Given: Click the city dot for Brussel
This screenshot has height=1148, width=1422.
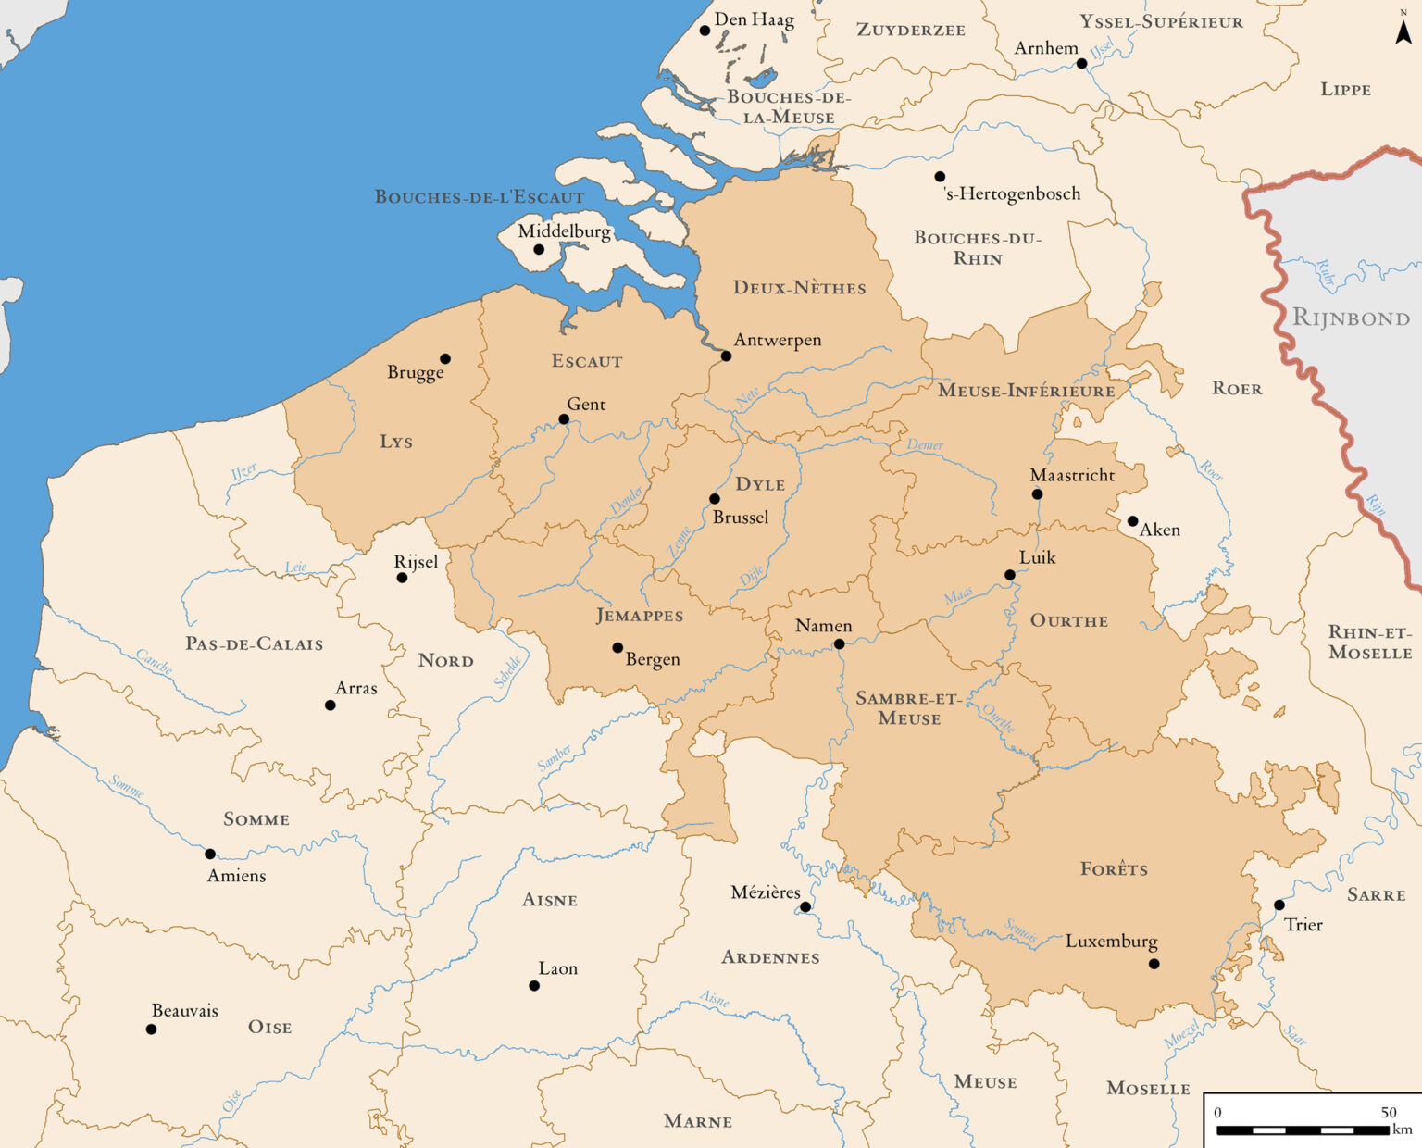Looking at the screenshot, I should pyautogui.click(x=714, y=499).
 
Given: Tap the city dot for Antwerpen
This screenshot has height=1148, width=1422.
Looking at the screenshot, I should pyautogui.click(x=726, y=356).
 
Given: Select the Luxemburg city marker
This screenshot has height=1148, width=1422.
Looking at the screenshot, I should pyautogui.click(x=1154, y=964).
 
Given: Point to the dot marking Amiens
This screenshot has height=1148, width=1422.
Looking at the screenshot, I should pyautogui.click(x=210, y=854).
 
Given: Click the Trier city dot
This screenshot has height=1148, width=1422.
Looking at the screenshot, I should pyautogui.click(x=1279, y=905).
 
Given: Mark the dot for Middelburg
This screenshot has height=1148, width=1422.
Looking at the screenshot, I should pyautogui.click(x=539, y=249).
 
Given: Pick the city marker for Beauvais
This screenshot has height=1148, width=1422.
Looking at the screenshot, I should pyautogui.click(x=151, y=1029).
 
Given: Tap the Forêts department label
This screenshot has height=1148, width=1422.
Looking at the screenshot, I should pyautogui.click(x=1114, y=869).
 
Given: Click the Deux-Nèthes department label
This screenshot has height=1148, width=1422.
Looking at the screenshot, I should pyautogui.click(x=799, y=288).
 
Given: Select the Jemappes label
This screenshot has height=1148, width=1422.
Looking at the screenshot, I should pyautogui.click(x=640, y=616).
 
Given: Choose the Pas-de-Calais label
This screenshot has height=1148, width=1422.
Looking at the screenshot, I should pyautogui.click(x=254, y=644).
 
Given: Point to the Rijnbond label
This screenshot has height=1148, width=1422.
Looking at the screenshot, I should pyautogui.click(x=1351, y=318).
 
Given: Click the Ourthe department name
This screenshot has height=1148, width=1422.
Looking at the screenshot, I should pyautogui.click(x=1068, y=621).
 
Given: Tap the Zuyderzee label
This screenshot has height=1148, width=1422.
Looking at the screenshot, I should pyautogui.click(x=910, y=31).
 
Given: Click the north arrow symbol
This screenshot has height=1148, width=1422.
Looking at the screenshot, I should pyautogui.click(x=1403, y=31).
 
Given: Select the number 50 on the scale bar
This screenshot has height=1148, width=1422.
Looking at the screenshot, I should pyautogui.click(x=1389, y=1113).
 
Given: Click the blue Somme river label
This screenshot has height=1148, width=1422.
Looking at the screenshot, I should pyautogui.click(x=127, y=787).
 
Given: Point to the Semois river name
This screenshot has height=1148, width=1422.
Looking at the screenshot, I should pyautogui.click(x=1020, y=931).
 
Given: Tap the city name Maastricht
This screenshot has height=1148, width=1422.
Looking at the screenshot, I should pyautogui.click(x=1072, y=475).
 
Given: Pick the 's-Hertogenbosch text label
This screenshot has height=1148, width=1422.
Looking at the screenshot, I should pyautogui.click(x=1012, y=193).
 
